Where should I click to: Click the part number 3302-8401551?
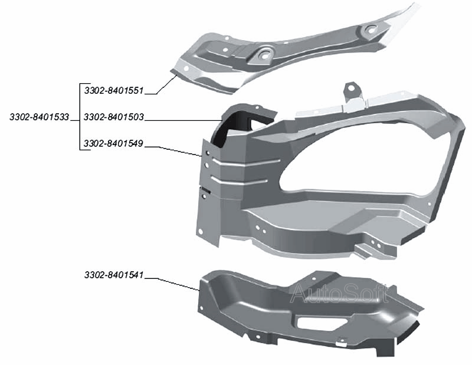114,90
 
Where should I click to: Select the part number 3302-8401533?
40,117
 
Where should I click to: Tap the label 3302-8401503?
114,117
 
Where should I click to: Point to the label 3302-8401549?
113,143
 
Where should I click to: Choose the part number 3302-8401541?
114,275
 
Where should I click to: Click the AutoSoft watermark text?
339,293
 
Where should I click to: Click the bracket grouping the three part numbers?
80,117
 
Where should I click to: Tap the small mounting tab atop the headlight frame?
352,91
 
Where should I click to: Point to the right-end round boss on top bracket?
370,29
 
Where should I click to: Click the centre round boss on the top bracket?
265,54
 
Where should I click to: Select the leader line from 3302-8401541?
172,283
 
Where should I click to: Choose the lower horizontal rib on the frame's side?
240,180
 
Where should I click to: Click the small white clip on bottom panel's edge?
341,342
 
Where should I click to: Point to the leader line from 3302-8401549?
173,152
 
